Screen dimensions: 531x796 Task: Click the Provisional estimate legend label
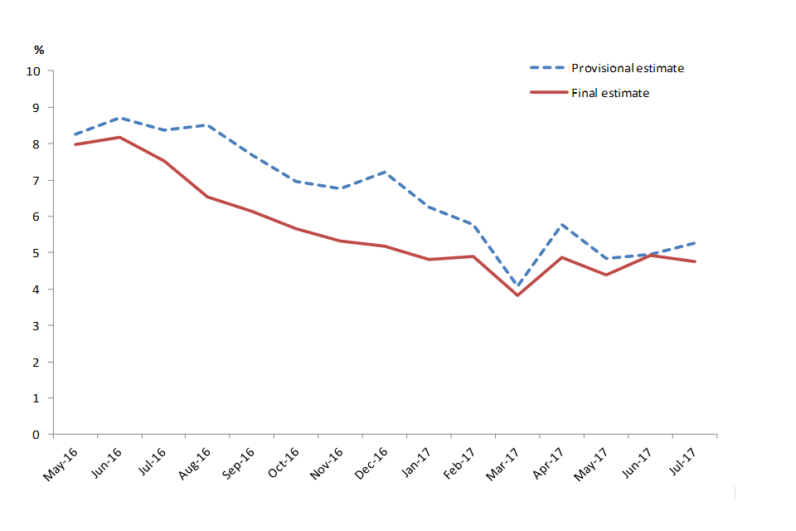(628, 68)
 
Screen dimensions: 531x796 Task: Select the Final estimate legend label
(610, 93)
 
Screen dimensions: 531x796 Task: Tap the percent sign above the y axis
(37, 51)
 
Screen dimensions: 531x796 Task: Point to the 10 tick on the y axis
(33, 71)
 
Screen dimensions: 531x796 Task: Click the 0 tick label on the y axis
(36, 435)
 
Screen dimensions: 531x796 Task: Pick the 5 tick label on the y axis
(36, 253)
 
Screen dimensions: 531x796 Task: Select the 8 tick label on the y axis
(36, 144)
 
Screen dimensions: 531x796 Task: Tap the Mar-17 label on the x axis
(501, 461)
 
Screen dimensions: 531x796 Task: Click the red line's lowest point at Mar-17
(518, 295)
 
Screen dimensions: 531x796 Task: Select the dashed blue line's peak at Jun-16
(120, 118)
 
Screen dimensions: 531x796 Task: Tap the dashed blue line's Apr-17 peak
(563, 224)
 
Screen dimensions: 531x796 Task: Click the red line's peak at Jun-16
(120, 137)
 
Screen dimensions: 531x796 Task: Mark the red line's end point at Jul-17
(695, 261)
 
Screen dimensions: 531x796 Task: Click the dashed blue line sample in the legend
(548, 68)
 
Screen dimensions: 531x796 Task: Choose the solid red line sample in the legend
(548, 93)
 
